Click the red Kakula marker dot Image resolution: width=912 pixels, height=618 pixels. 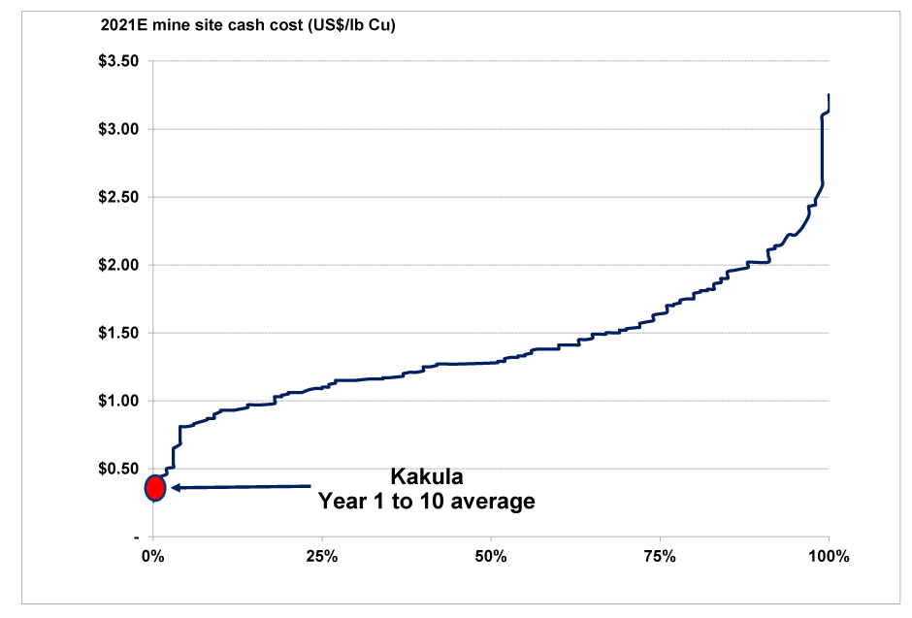point(155,487)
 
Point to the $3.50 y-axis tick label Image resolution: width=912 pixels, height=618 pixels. point(119,61)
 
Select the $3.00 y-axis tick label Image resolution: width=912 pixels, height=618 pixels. point(119,129)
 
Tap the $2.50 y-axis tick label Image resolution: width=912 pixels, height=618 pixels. point(119,197)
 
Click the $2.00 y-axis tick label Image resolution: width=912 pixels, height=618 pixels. point(119,265)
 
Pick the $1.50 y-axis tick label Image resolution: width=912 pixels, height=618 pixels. point(119,333)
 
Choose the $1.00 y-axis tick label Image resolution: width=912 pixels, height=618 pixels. point(119,401)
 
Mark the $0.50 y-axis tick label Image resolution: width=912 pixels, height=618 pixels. point(119,469)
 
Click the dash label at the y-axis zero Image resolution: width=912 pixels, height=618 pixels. point(137,537)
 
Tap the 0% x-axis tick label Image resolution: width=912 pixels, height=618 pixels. point(152,557)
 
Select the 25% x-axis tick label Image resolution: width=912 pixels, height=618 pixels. point(321,557)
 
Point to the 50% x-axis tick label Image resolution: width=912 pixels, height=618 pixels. point(491,557)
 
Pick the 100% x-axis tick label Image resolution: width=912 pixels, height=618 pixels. point(829,557)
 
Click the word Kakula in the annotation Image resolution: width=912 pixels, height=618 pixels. point(427,476)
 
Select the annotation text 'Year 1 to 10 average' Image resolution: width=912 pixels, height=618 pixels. point(427,502)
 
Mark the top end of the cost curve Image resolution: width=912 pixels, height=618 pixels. point(829,95)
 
